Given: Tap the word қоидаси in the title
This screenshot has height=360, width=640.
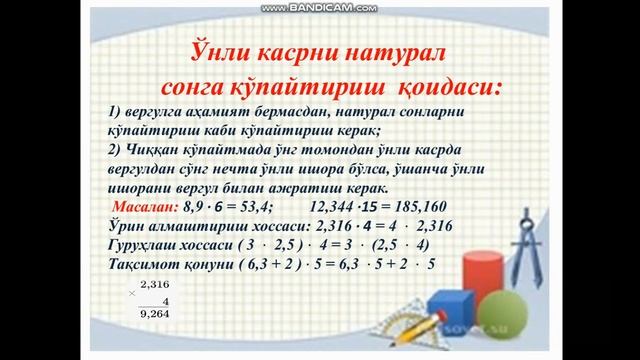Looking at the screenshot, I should (446, 84).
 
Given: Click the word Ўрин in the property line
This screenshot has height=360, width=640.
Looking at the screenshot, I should (127, 227).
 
